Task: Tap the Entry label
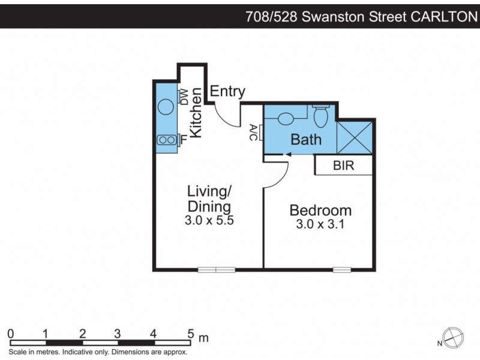click(227, 91)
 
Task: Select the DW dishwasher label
click(184, 96)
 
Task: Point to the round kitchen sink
click(166, 107)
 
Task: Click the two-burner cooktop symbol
click(167, 140)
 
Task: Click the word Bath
click(306, 140)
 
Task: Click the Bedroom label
click(320, 211)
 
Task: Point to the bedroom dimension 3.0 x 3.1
click(320, 225)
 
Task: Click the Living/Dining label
click(209, 199)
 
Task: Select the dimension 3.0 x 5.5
click(209, 220)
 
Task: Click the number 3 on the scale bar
click(118, 334)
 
